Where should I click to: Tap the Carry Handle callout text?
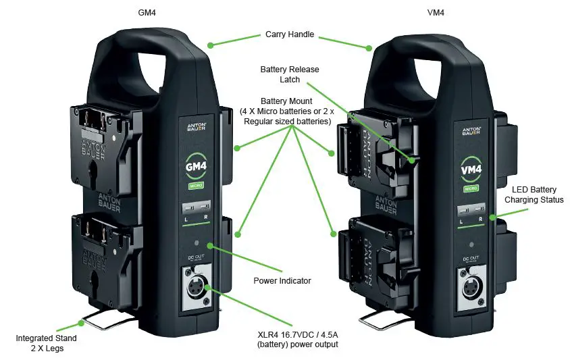[x=290, y=34]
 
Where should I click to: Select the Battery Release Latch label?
[x=290, y=75]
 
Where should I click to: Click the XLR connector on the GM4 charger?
[x=197, y=288]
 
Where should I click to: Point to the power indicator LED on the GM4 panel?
[x=197, y=243]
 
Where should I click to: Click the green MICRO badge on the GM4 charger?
[x=197, y=185]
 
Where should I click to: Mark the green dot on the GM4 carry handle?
[x=211, y=45]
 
